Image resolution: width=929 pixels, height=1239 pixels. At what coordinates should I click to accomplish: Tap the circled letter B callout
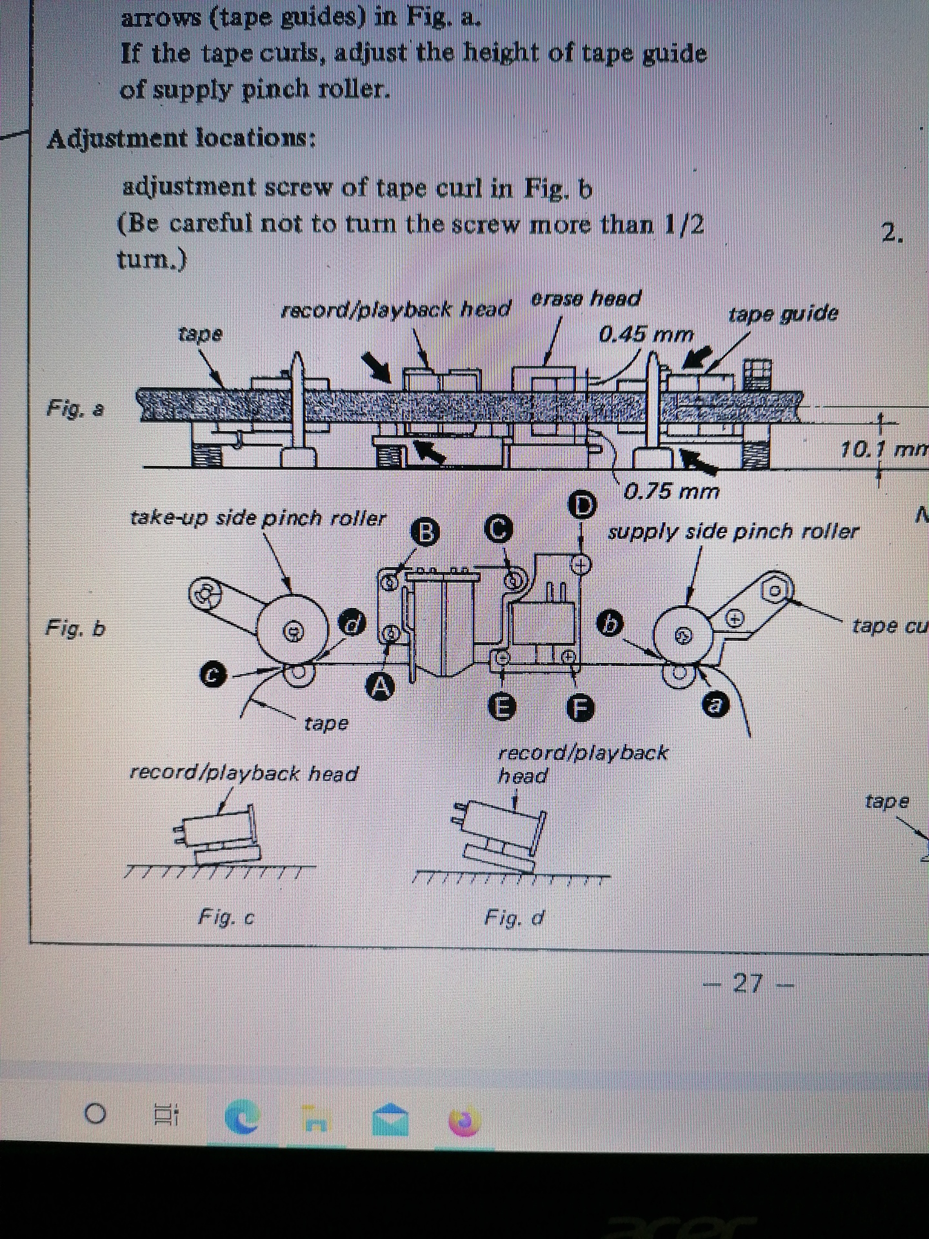[425, 532]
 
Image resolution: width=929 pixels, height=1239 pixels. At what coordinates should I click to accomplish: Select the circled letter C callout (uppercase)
[499, 529]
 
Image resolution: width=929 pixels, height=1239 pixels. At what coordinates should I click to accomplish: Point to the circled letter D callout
[583, 505]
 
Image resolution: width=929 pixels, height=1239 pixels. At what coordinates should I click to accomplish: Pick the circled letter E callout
[504, 708]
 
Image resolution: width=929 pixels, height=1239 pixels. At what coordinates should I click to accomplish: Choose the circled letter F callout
[579, 708]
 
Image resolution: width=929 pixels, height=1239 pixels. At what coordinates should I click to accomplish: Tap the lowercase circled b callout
[610, 623]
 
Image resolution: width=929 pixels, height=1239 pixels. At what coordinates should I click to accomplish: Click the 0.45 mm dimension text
[646, 334]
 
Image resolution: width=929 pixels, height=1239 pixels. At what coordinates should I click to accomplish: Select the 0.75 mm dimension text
[671, 492]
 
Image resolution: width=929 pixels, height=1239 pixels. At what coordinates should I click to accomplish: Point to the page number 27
[749, 983]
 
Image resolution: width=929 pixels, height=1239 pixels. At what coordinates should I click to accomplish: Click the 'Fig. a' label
[75, 408]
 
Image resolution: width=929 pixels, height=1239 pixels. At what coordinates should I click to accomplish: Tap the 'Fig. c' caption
[226, 917]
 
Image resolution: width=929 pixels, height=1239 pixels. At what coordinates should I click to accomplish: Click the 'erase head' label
[586, 299]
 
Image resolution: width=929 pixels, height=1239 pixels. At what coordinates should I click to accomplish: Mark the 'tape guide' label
[783, 314]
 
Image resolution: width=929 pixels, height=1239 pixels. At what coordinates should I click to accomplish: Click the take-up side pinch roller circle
[292, 630]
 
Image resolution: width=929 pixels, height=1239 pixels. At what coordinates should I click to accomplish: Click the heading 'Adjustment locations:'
[181, 139]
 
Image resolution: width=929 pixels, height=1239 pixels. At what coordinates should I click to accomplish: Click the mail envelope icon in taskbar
[390, 1121]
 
